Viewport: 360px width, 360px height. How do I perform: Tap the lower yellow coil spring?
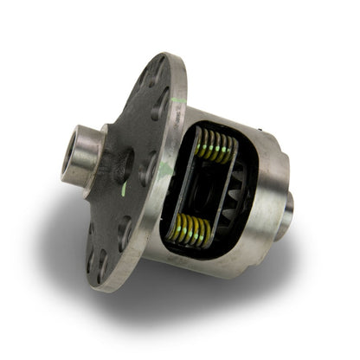tap(193, 229)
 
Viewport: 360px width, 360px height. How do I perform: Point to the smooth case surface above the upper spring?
tap(225, 117)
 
